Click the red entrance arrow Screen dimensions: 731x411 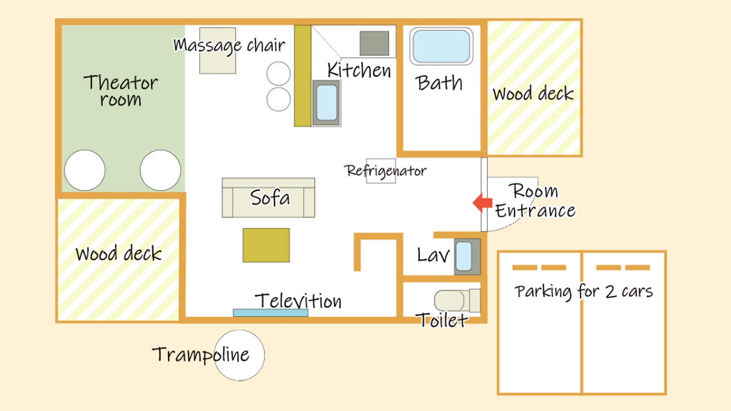tap(482, 203)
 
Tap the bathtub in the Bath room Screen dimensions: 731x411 tap(441, 46)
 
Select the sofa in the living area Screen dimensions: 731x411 tap(268, 198)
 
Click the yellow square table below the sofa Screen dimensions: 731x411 tap(266, 245)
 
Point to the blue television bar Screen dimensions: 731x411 tap(270, 313)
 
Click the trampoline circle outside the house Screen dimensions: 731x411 tap(239, 355)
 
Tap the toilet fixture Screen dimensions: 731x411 tap(457, 300)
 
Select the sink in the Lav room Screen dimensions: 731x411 tap(467, 256)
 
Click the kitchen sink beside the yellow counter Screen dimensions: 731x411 tap(326, 103)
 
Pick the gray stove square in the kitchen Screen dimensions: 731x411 tap(374, 43)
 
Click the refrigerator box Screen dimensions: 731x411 tap(381, 171)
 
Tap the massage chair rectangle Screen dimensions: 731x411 tap(217, 50)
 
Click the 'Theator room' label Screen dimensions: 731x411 tap(121, 90)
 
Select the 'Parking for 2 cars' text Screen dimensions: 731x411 tap(584, 292)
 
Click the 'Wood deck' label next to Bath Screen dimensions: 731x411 tap(533, 94)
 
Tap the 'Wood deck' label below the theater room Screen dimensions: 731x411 tap(118, 253)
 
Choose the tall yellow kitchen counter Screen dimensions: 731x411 tap(303, 76)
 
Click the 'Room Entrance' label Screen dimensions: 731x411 tap(535, 201)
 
